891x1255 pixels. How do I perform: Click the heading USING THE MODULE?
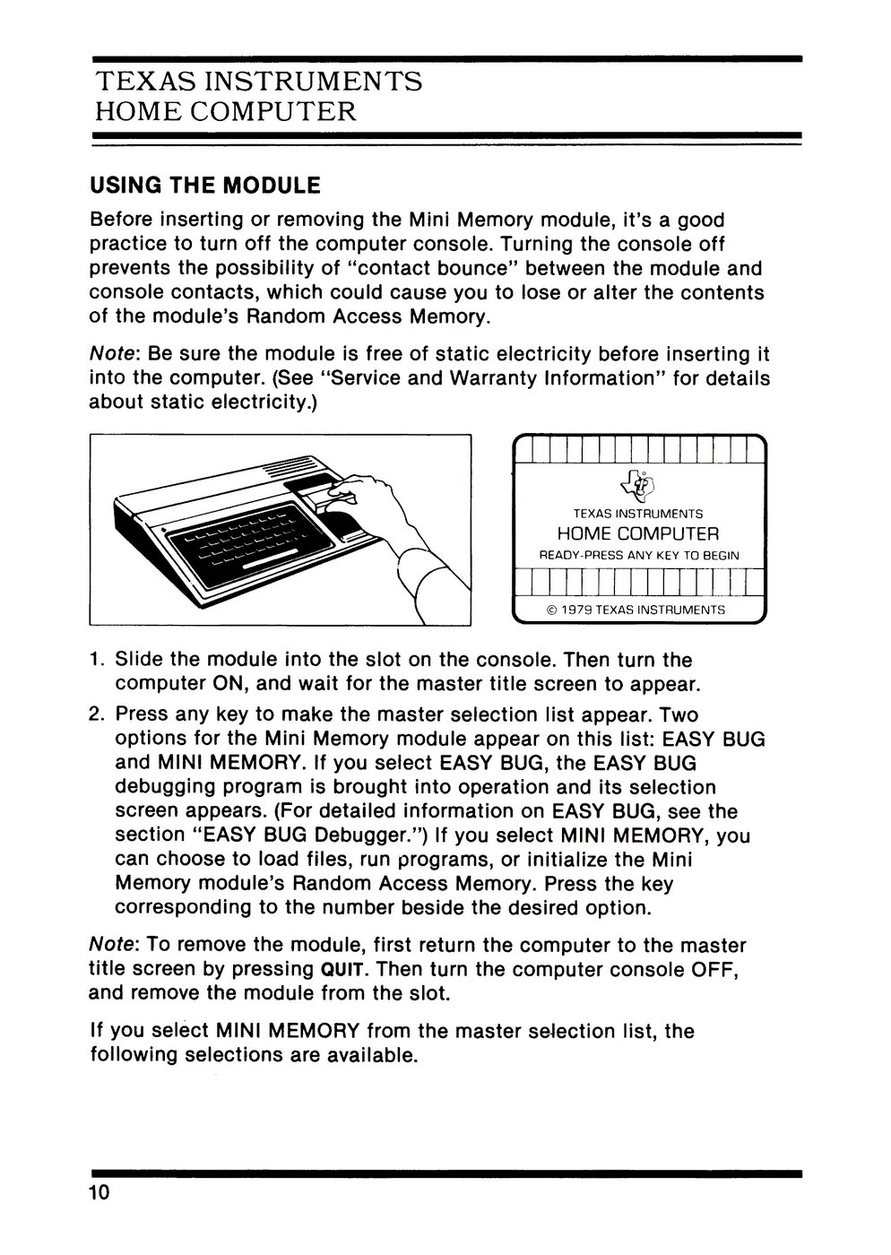pyautogui.click(x=204, y=186)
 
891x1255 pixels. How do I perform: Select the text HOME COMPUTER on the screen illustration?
pyautogui.click(x=638, y=534)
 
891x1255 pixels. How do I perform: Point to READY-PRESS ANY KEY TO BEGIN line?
pyautogui.click(x=638, y=556)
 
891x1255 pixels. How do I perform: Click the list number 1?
pyautogui.click(x=96, y=661)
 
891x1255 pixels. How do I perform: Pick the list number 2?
pyautogui.click(x=96, y=716)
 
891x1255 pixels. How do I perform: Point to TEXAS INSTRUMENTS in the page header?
pyautogui.click(x=259, y=82)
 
